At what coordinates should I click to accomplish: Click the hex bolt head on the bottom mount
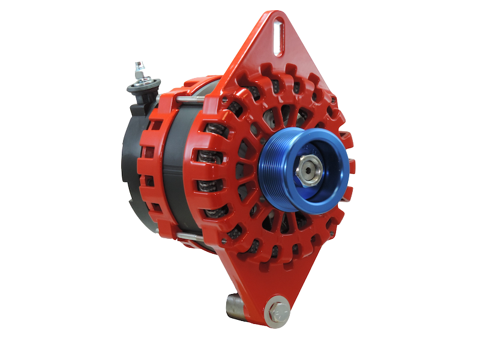tap(277, 311)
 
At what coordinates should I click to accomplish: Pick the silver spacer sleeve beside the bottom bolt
tap(234, 304)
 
